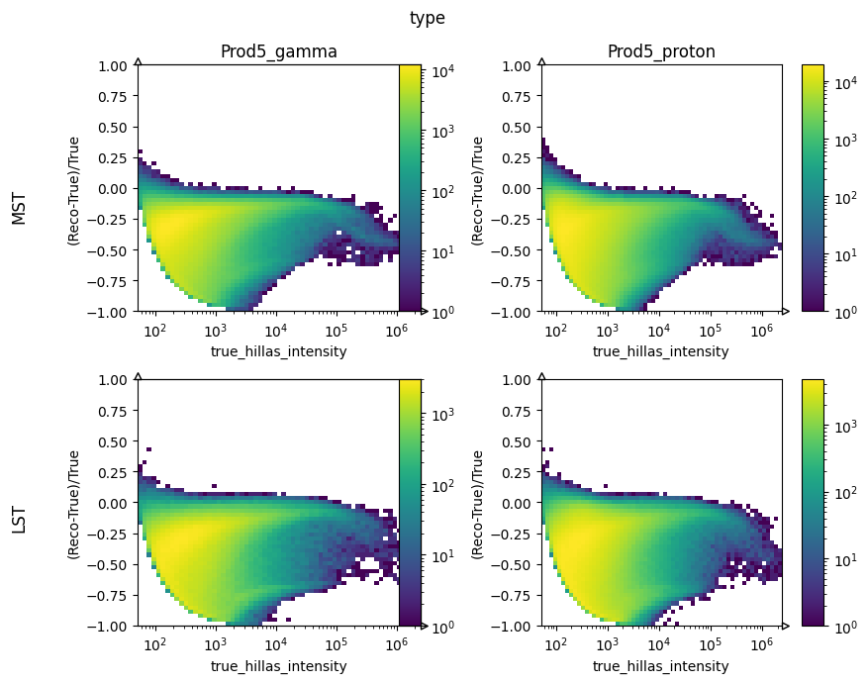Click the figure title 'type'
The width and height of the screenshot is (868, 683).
(428, 18)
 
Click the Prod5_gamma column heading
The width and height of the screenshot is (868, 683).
(278, 52)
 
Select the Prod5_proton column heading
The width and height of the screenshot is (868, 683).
(661, 52)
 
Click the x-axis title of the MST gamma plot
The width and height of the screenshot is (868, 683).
(278, 351)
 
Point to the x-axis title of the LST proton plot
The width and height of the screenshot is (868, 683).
(660, 666)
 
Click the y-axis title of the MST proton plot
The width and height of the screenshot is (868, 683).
(478, 189)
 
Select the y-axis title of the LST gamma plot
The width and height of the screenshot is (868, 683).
(74, 504)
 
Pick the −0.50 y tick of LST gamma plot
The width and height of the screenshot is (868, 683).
(112, 565)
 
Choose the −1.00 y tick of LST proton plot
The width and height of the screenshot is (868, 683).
(516, 627)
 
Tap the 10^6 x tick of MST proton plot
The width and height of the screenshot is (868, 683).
(761, 330)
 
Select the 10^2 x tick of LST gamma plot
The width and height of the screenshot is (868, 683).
(154, 644)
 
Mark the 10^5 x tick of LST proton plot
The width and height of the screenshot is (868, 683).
(710, 644)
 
